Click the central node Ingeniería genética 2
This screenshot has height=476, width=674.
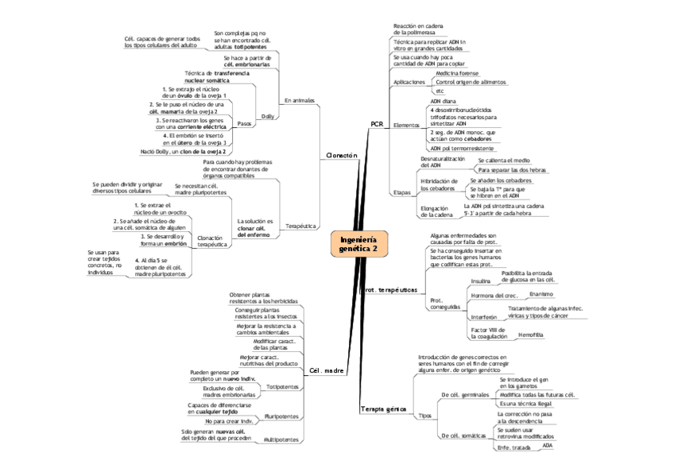point(358,244)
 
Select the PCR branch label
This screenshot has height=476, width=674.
point(377,125)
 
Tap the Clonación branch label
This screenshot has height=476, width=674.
point(343,155)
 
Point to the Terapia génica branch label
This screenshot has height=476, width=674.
point(383,408)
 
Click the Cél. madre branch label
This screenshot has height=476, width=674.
point(327,370)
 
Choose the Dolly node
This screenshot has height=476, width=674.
point(268,116)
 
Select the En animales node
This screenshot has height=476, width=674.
point(299,100)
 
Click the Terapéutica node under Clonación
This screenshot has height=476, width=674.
point(300,226)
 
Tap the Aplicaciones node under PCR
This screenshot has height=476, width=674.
point(409,82)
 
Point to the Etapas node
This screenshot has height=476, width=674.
point(402,192)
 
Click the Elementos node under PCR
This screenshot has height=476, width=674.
point(407,126)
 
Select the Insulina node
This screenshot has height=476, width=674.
point(481,281)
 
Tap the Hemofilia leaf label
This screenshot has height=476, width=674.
point(530,335)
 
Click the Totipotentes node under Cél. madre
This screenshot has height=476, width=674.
point(283,386)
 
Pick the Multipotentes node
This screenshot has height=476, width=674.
point(281,439)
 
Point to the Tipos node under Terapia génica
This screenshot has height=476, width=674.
point(424,415)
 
